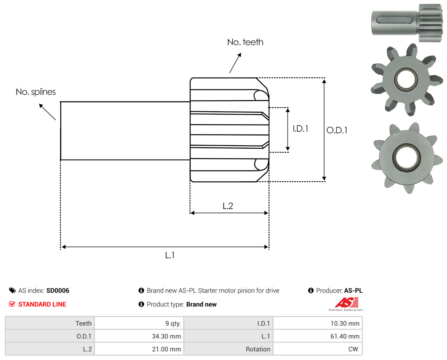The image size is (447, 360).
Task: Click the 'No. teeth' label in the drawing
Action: click(245, 42)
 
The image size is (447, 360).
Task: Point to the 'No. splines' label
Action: click(36, 92)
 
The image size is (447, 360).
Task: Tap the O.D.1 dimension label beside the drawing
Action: click(336, 130)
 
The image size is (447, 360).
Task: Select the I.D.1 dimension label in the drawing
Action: click(300, 129)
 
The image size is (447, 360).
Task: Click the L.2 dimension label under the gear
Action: click(228, 206)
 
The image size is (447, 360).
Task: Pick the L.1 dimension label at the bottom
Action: click(170, 255)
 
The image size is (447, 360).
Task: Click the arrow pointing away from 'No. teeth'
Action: click(235, 63)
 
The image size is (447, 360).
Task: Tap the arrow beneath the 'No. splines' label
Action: click(47, 112)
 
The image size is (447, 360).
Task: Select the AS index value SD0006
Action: click(58, 290)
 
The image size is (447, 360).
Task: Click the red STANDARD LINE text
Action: click(42, 305)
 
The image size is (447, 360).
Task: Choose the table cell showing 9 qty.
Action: click(139, 323)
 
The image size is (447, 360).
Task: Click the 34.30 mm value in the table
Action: click(139, 336)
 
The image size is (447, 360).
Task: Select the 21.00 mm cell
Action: click(139, 349)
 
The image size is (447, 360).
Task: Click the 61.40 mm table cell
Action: click(317, 336)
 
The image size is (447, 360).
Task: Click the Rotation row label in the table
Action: click(258, 349)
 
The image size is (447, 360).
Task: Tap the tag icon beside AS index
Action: click(12, 290)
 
